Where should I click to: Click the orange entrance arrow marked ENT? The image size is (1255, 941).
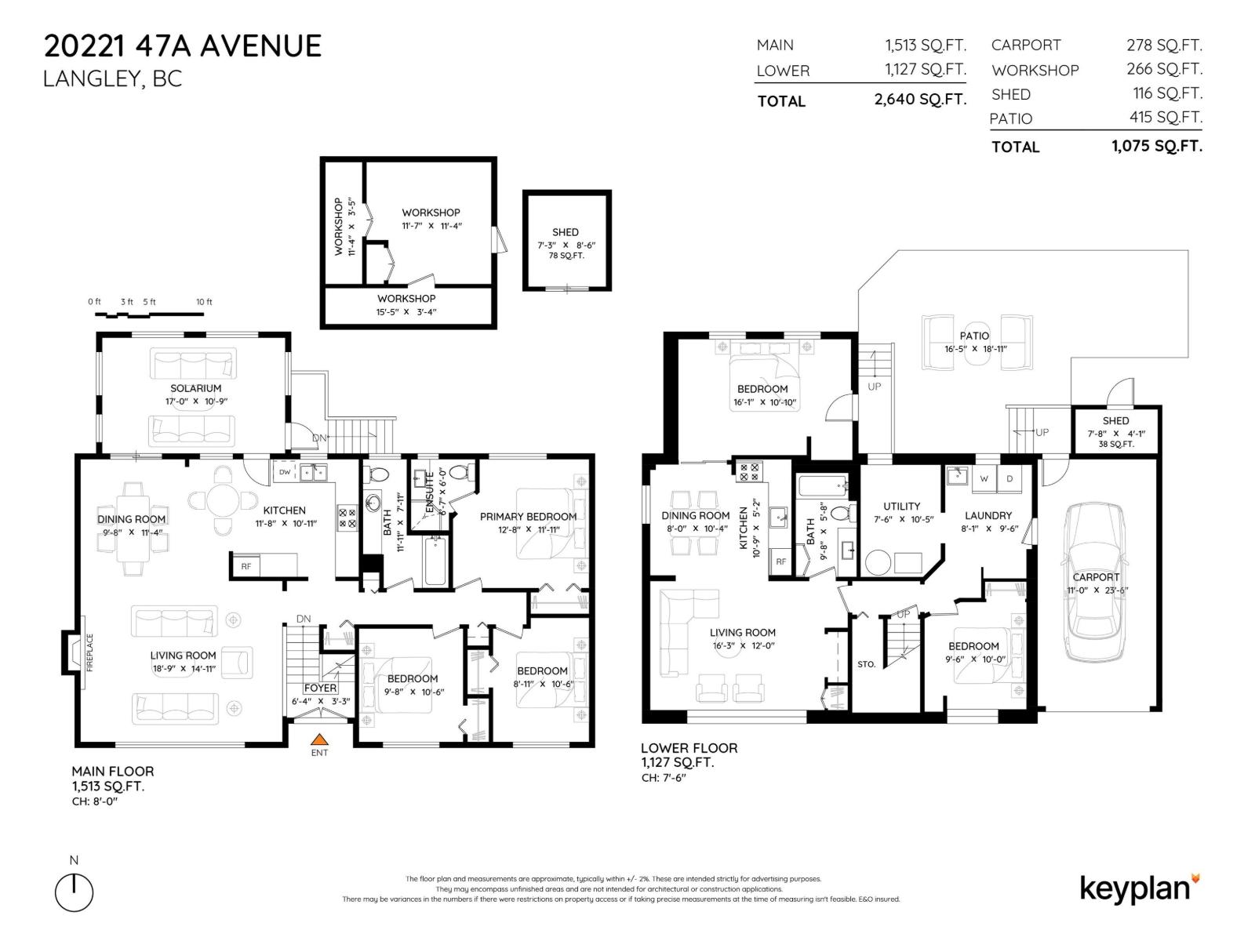[318, 739]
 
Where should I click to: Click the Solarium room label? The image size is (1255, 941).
[195, 388]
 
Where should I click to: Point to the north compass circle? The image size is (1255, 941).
[74, 892]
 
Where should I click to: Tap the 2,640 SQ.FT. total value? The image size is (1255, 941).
[920, 100]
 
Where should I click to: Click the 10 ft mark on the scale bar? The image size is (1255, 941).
[204, 302]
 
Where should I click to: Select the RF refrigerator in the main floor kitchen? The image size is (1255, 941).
[246, 565]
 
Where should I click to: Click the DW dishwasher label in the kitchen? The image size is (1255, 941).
[285, 472]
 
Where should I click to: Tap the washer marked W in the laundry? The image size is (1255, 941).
[984, 478]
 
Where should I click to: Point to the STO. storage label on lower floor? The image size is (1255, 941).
[866, 664]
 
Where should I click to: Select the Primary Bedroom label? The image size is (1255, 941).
[528, 516]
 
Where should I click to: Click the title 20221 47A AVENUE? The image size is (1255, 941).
[183, 46]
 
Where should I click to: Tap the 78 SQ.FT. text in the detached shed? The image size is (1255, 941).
[566, 256]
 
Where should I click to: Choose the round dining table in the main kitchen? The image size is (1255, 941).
[224, 499]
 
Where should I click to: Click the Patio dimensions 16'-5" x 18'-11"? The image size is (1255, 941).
[975, 349]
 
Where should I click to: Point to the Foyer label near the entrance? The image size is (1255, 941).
[320, 688]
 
